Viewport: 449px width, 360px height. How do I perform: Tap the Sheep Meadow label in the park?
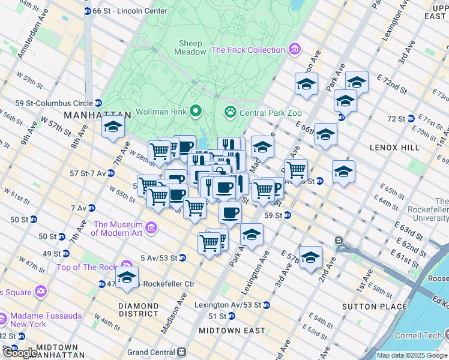(x=190, y=47)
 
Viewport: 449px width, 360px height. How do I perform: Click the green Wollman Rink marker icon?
(x=195, y=111)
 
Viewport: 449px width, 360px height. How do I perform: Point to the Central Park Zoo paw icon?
(x=230, y=111)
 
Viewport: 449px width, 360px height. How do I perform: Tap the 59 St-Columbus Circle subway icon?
(x=99, y=103)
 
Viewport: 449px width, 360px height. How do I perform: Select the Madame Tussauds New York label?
(x=28, y=319)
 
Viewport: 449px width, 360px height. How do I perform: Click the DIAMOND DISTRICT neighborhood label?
(x=139, y=310)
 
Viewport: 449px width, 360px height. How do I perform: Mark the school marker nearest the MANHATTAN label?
(x=113, y=127)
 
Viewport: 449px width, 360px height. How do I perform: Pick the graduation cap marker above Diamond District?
(x=127, y=277)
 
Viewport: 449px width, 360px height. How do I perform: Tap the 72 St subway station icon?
(x=411, y=119)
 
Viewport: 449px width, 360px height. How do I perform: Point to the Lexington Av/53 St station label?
(x=228, y=305)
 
